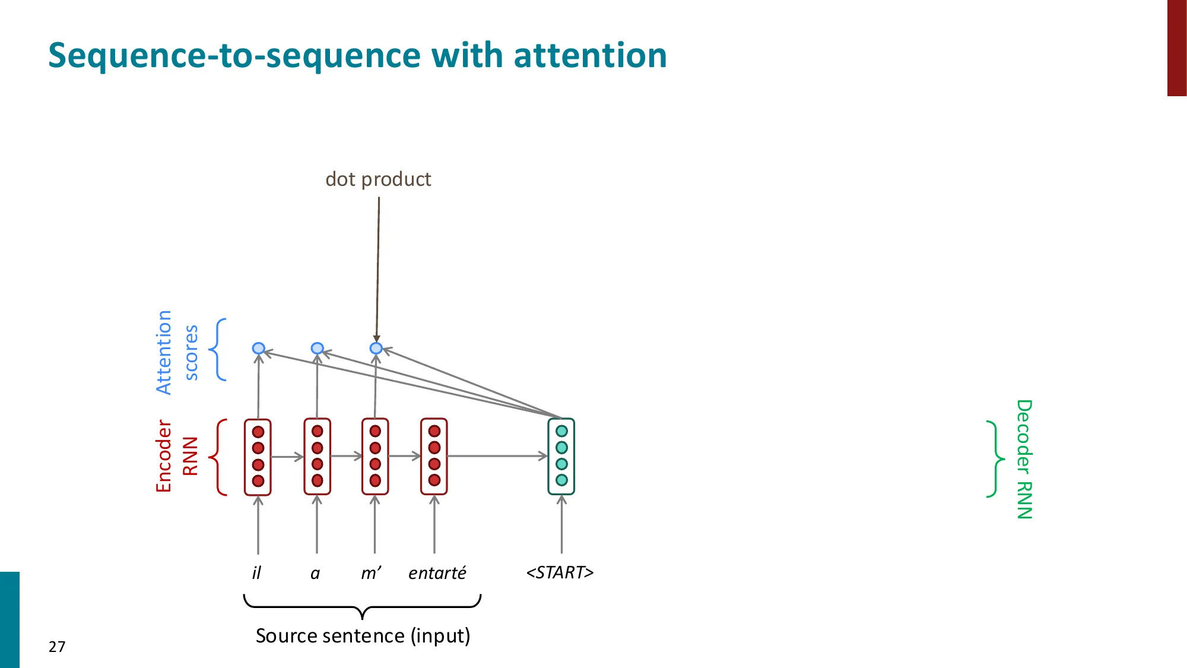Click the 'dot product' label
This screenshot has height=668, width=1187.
(378, 179)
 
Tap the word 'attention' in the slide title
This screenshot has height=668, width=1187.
(590, 55)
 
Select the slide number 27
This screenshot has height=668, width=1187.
(57, 647)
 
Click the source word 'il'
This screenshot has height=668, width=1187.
(256, 572)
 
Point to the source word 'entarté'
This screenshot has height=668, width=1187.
(437, 572)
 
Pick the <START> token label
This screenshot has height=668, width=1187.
(560, 572)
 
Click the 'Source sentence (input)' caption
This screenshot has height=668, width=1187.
(363, 635)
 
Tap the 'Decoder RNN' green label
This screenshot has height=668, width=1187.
(1024, 459)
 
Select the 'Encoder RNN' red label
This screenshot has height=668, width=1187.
(176, 456)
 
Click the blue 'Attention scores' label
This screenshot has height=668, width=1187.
(176, 352)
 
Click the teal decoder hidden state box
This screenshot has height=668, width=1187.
(561, 456)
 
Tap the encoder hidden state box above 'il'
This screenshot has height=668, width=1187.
(258, 456)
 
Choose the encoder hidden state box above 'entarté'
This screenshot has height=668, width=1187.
(434, 456)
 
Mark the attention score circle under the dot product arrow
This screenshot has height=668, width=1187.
(376, 348)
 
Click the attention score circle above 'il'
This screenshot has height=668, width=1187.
(258, 348)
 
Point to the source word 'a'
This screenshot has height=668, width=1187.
(315, 573)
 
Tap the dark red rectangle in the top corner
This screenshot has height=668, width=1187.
(1176, 48)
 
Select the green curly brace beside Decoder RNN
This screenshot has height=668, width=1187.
(995, 459)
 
